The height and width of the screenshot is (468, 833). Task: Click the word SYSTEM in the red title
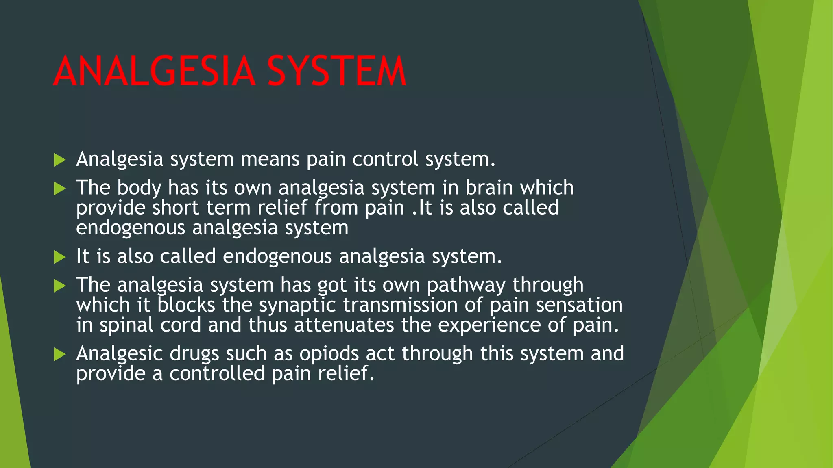337,71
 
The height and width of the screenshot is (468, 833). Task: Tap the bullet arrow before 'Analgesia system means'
59,160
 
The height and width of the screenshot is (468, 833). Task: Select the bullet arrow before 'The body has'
59,188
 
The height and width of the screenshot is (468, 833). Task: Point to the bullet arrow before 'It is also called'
59,257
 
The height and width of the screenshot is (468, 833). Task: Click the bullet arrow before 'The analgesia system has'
59,286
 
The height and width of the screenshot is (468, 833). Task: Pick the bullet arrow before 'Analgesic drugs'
59,354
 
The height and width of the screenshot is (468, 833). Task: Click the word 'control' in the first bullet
385,159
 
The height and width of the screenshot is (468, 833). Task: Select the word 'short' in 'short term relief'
176,208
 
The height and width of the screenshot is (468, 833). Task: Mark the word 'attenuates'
344,325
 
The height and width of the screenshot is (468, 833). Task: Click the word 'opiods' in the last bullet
329,354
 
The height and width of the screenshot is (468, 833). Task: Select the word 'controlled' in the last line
217,374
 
